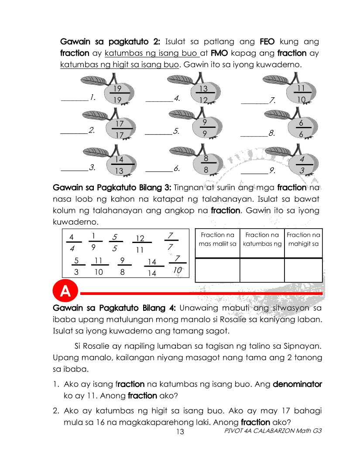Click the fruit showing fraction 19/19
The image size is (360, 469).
click(117, 94)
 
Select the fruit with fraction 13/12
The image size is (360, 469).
click(203, 94)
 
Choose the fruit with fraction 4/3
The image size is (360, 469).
click(302, 164)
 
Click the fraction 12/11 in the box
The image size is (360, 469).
click(140, 244)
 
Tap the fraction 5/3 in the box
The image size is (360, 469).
click(76, 266)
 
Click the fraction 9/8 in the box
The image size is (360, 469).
click(123, 266)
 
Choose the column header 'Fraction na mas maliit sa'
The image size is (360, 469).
click(217, 240)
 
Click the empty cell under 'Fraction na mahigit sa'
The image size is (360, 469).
click(303, 270)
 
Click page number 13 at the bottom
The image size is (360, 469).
click(180, 432)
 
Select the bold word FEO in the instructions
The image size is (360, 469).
click(267, 42)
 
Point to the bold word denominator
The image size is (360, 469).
click(297, 384)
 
